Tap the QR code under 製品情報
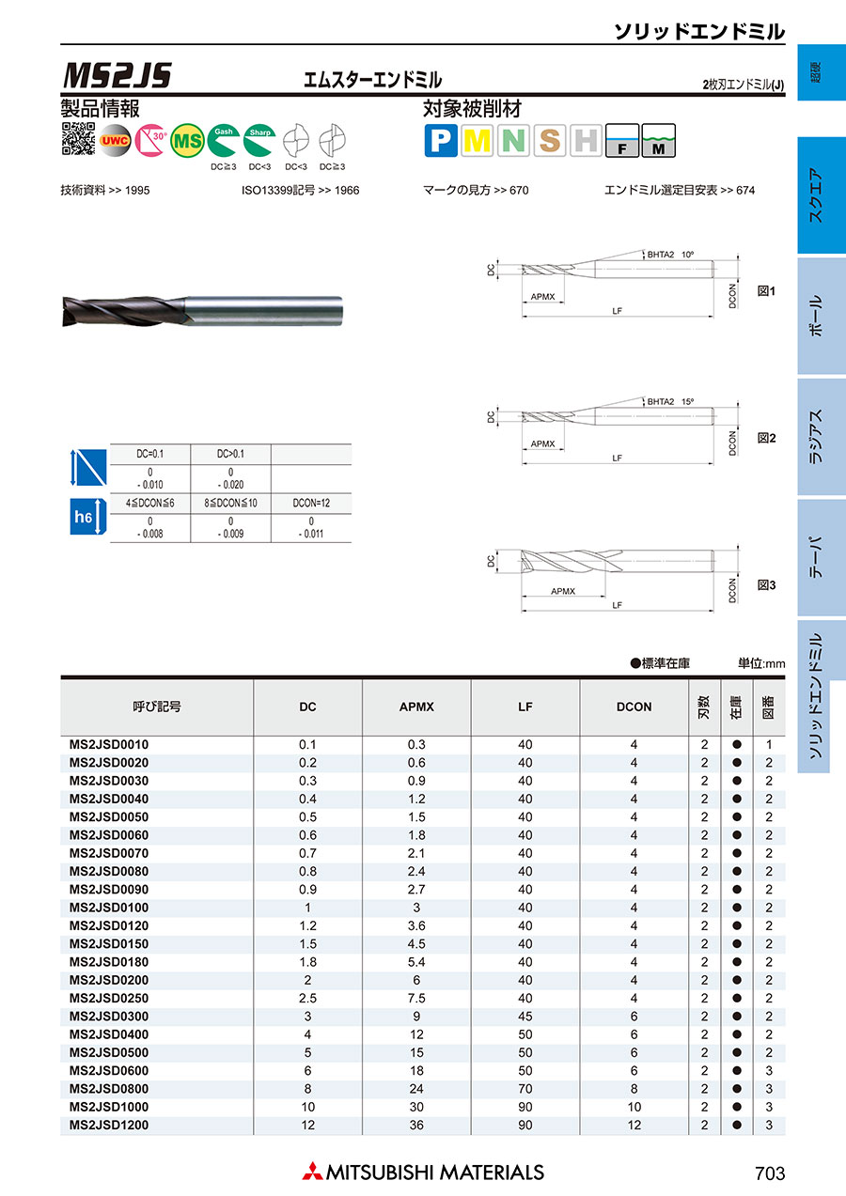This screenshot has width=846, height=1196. point(78,139)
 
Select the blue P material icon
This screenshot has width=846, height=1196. point(441,141)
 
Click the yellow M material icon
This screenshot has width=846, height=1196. point(478,141)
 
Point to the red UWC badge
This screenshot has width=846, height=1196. point(116,140)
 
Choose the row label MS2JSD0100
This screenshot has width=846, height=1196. point(109,908)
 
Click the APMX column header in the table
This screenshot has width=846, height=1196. point(416,707)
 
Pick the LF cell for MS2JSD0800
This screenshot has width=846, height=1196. point(525,1089)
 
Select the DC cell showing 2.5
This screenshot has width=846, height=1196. point(307,998)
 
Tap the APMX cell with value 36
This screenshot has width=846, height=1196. point(416,1125)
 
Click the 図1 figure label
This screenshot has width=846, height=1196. point(766,291)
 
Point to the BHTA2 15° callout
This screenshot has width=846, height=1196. point(670,401)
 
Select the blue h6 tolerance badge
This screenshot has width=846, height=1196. point(85,516)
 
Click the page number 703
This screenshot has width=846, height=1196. point(769,1173)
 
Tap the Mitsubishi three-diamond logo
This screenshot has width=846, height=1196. point(311,1172)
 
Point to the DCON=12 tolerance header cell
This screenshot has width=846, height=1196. point(310,503)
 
